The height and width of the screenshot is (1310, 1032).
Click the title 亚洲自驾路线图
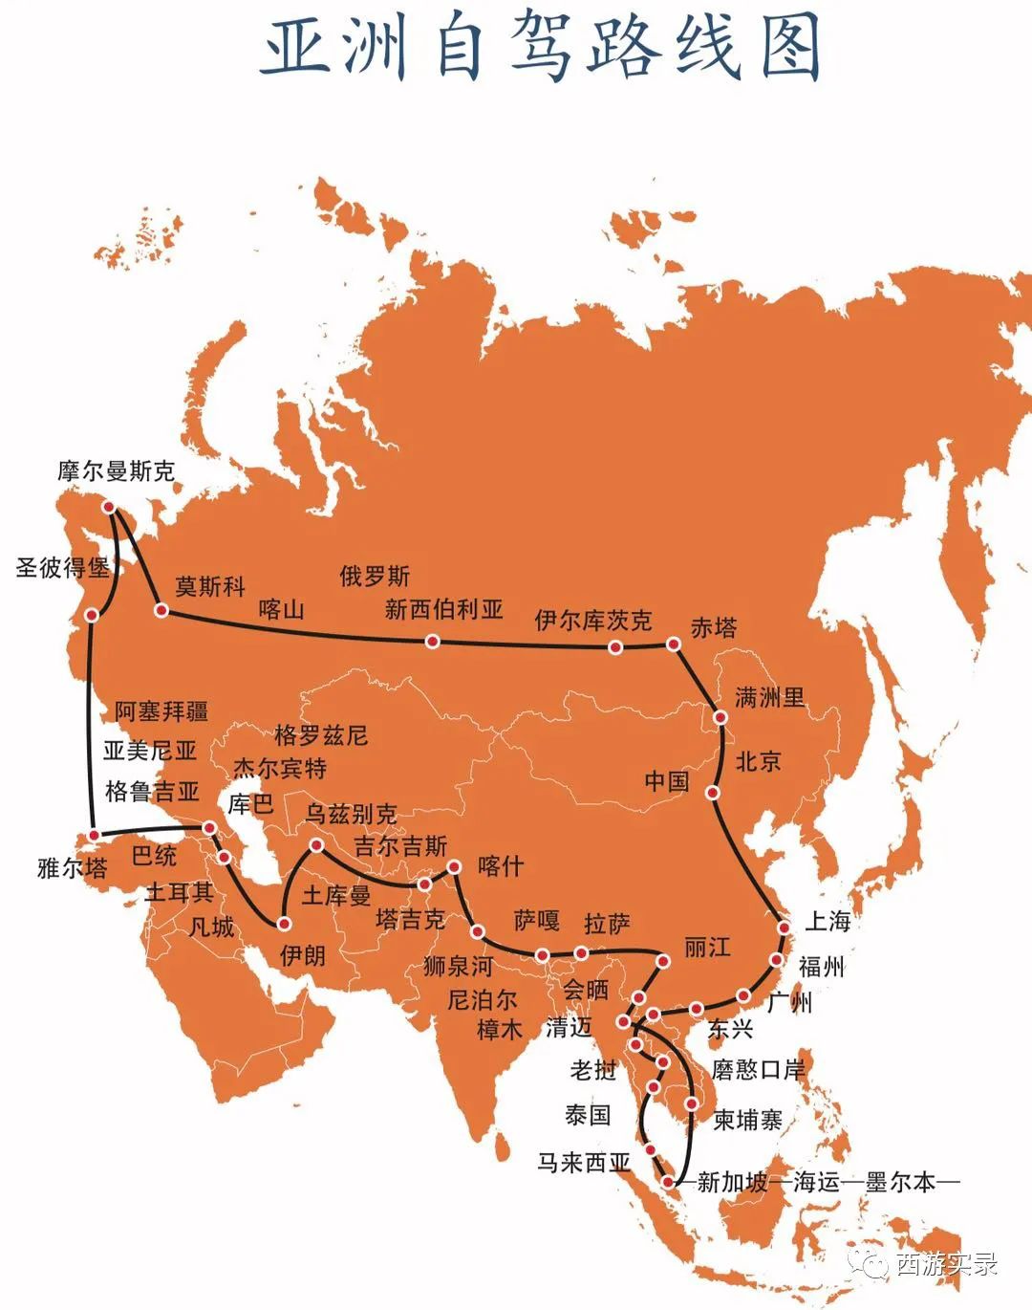pos(542,46)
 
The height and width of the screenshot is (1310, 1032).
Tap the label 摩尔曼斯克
pos(116,471)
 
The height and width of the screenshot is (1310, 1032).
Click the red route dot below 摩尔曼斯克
pos(110,506)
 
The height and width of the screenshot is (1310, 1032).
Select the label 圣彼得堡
pos(62,567)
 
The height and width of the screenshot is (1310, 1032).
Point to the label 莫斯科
pos(209,585)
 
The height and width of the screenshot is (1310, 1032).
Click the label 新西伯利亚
pos(443,609)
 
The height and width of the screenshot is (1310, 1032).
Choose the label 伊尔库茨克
pos(592,621)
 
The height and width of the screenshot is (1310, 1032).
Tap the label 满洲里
pos(769,697)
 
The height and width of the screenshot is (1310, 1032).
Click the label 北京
pos(758,761)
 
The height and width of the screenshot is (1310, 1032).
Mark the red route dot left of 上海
pos(784,928)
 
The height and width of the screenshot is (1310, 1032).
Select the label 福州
pos(821,966)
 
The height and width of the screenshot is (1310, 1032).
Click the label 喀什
pos(500,866)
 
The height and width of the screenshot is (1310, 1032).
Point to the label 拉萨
pos(607,924)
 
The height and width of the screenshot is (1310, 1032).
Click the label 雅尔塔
pos(72,868)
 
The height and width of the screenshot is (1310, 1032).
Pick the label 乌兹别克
pos(351,814)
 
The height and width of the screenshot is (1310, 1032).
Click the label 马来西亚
pos(584,1163)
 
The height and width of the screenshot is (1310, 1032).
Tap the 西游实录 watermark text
pos(946,1264)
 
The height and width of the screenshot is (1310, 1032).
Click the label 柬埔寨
pos(748,1120)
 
